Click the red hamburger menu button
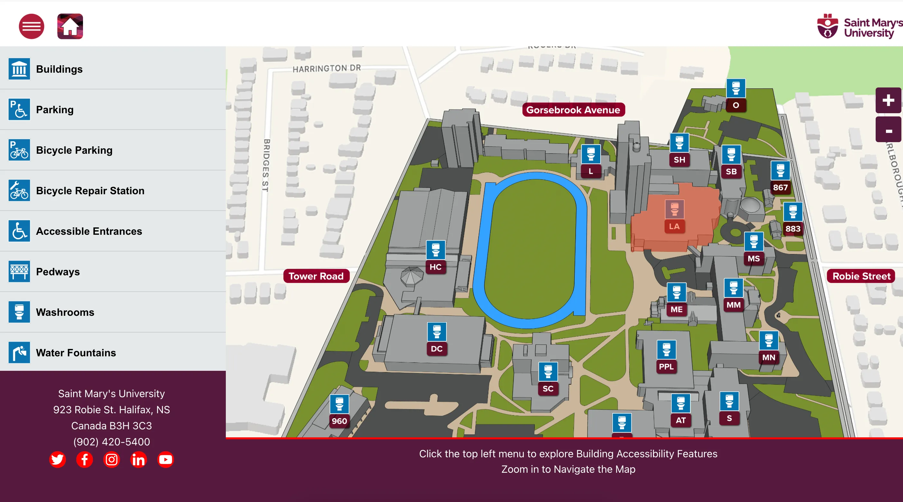(32, 26)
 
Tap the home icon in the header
(70, 26)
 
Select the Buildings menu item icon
(19, 69)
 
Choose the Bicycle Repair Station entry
(90, 191)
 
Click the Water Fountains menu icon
(19, 352)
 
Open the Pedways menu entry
(58, 271)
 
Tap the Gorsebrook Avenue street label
(573, 110)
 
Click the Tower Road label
(316, 276)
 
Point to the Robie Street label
(861, 276)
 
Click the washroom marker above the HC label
(436, 250)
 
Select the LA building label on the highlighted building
(674, 226)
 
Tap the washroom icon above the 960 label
(339, 404)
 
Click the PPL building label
(666, 366)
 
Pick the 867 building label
(780, 187)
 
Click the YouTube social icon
(165, 459)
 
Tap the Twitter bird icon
(58, 459)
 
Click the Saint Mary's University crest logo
(828, 26)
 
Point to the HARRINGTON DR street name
(326, 68)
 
